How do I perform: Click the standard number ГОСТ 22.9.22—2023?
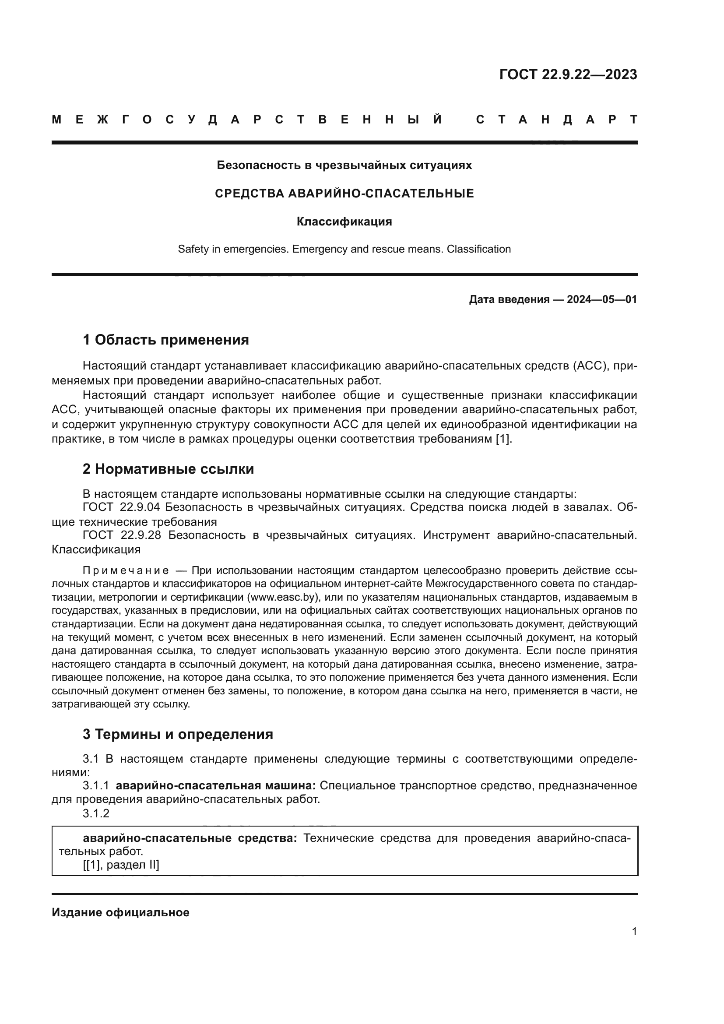click(x=568, y=74)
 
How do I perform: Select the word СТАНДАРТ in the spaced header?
click(x=557, y=120)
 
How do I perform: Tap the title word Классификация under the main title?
click(x=344, y=222)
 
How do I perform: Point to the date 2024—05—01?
click(x=602, y=299)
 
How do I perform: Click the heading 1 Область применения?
click(x=166, y=340)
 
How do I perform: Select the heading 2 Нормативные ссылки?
click(x=169, y=469)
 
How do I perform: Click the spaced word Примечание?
click(x=126, y=571)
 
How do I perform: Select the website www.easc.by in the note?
click(x=282, y=597)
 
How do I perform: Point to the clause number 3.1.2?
click(x=96, y=813)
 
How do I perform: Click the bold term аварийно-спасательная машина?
click(x=215, y=786)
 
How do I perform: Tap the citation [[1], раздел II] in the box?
click(x=121, y=865)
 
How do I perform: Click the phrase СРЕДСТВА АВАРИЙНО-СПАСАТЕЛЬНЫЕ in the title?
click(x=344, y=194)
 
